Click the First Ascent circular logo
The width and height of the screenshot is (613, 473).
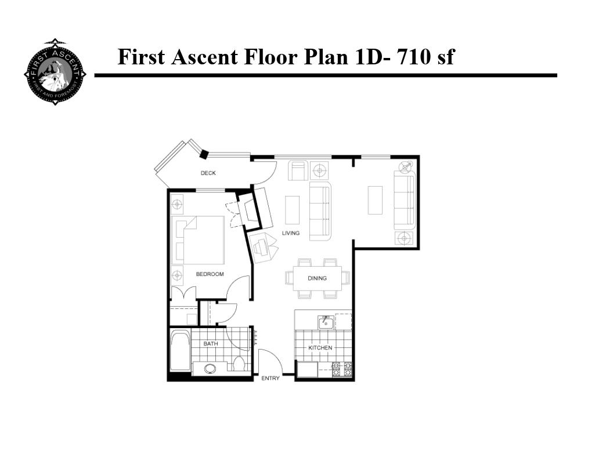(x=55, y=72)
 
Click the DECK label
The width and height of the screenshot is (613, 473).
(x=208, y=173)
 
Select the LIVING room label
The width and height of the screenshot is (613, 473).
(x=291, y=233)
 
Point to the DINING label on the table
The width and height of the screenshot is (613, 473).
(x=317, y=278)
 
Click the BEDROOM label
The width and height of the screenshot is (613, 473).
(x=210, y=274)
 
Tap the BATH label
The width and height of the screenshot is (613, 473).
(x=211, y=344)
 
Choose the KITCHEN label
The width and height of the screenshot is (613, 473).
(x=320, y=348)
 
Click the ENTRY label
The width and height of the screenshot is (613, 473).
(x=271, y=379)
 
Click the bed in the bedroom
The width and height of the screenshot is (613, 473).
(x=200, y=239)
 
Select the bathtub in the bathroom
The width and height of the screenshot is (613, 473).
(x=180, y=350)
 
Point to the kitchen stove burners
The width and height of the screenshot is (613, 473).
(x=342, y=369)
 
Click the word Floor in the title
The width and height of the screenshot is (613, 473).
(x=265, y=57)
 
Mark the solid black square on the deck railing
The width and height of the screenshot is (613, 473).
(x=204, y=154)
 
